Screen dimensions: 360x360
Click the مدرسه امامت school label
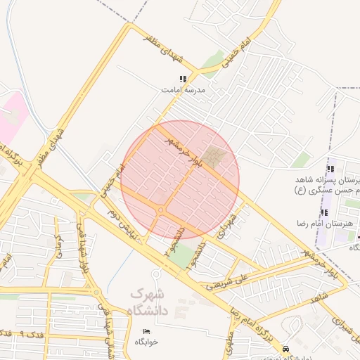[x=182, y=91]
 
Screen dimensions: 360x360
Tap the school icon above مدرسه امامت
[x=183, y=79]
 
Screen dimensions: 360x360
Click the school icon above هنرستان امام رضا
[x=325, y=212]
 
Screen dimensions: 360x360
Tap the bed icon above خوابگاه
[x=147, y=331]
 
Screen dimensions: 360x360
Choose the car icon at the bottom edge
[x=285, y=349]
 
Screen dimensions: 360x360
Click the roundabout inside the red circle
[x=162, y=210]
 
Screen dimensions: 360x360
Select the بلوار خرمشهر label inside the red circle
[x=180, y=152]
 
